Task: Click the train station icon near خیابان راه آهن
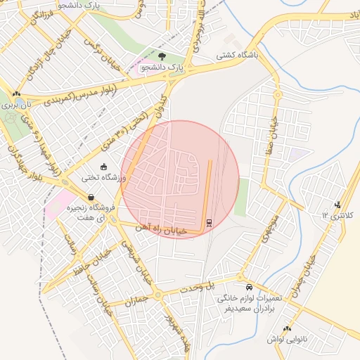(x=209, y=223)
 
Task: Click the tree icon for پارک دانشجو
(x=162, y=56)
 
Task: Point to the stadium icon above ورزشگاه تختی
(x=104, y=167)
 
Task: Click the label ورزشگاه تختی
(x=103, y=179)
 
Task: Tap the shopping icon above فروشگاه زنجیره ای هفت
(x=90, y=197)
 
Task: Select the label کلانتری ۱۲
(x=335, y=214)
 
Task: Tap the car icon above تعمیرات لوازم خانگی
(x=250, y=287)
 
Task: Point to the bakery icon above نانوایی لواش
(x=287, y=328)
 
